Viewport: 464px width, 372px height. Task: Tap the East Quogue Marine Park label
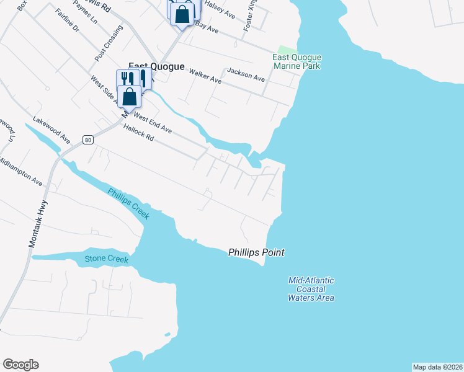297,61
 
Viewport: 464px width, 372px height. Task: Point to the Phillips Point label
256,252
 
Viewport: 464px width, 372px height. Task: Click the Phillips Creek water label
128,203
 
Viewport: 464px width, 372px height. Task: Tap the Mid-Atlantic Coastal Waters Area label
311,289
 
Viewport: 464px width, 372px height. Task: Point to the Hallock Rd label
138,134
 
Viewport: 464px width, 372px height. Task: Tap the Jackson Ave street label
246,75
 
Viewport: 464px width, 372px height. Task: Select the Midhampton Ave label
20,171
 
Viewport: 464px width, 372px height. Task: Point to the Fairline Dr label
68,20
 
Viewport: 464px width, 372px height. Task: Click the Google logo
20,365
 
